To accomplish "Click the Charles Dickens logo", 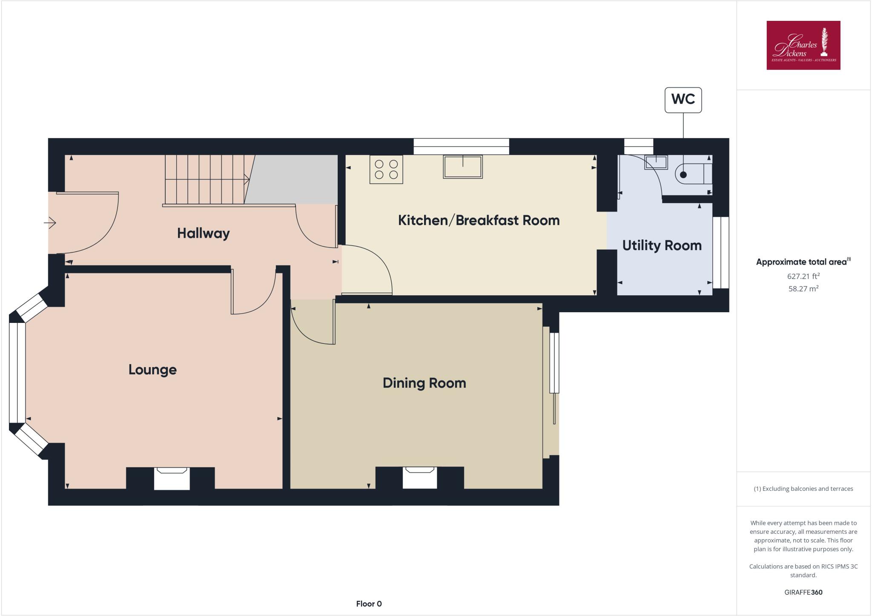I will pyautogui.click(x=803, y=45).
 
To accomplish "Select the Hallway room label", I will pyautogui.click(x=203, y=233).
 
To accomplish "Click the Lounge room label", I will pyautogui.click(x=152, y=370).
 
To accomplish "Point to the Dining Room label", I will pyautogui.click(x=424, y=383).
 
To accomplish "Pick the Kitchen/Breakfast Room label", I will pyautogui.click(x=479, y=220).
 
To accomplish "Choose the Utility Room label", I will pyautogui.click(x=662, y=245).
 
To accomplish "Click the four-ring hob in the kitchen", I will pyautogui.click(x=386, y=170).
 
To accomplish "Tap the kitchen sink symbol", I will pyautogui.click(x=463, y=167).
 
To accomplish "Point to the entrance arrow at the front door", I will pyautogui.click(x=50, y=222).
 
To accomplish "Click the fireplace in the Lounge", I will pyautogui.click(x=172, y=478).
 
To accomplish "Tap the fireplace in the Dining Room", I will pyautogui.click(x=420, y=478).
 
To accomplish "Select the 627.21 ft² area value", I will pyautogui.click(x=803, y=276).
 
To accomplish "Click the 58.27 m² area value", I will pyautogui.click(x=803, y=289).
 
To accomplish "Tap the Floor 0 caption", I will pyautogui.click(x=369, y=604).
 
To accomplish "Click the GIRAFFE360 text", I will pyautogui.click(x=803, y=592).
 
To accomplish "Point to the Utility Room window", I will pyautogui.click(x=721, y=253).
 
